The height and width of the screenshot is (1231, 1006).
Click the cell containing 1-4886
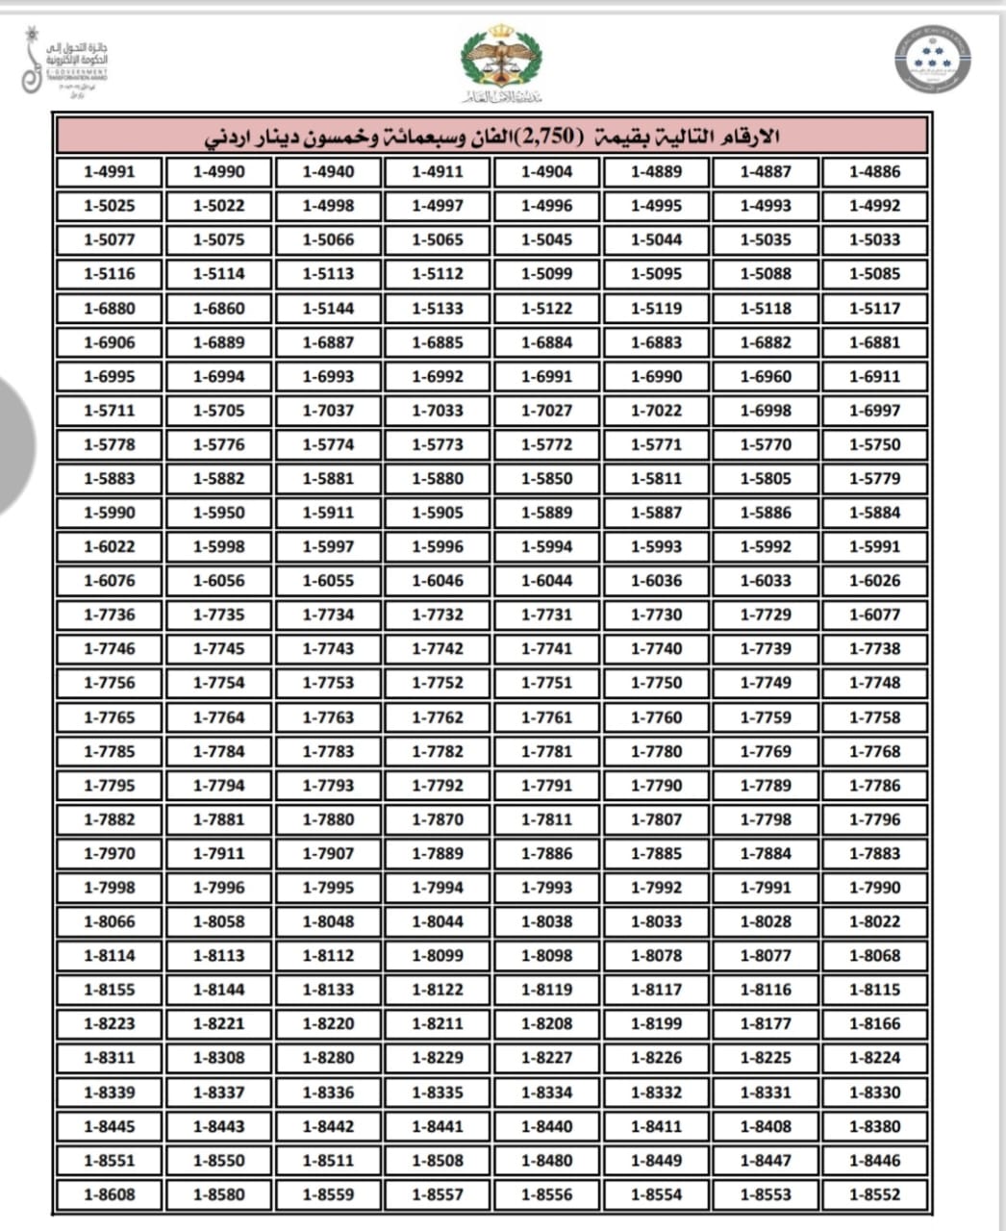(874, 172)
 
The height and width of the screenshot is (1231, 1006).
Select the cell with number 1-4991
(110, 172)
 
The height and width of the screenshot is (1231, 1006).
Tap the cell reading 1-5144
(328, 309)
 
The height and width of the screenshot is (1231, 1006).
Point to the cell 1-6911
(874, 377)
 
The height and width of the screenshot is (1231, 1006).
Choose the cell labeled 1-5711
(110, 411)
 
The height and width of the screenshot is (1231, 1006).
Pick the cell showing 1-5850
(546, 479)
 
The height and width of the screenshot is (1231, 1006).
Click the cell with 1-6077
(874, 615)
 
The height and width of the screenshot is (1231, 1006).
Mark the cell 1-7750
(656, 683)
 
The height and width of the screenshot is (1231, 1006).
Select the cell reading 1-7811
(546, 819)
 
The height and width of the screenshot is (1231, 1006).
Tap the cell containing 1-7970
(110, 853)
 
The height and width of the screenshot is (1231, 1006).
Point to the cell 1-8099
(438, 956)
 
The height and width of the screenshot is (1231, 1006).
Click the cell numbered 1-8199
(656, 1024)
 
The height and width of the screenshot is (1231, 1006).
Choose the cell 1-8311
(110, 1058)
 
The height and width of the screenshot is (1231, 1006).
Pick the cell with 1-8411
(656, 1126)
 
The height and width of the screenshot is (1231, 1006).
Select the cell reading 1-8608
(110, 1194)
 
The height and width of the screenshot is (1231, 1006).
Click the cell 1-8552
(874, 1194)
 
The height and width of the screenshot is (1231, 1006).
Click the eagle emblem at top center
(500, 61)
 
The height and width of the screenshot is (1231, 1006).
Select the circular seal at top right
(931, 60)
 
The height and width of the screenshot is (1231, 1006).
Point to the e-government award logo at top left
(65, 63)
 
